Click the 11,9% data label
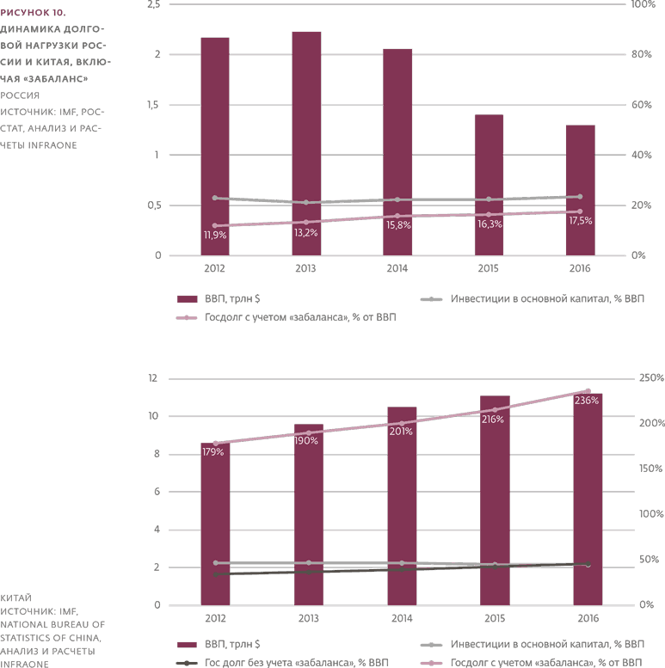(214, 235)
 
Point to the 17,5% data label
(580, 221)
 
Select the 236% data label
(586, 401)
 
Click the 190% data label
(306, 440)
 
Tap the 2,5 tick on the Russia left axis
(154, 5)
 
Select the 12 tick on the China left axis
(154, 378)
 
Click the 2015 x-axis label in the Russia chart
(488, 269)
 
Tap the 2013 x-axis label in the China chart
(306, 618)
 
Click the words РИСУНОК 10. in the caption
(33, 13)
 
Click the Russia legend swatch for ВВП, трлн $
(188, 299)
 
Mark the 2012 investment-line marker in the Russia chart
(214, 198)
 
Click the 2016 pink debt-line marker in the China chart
(588, 391)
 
